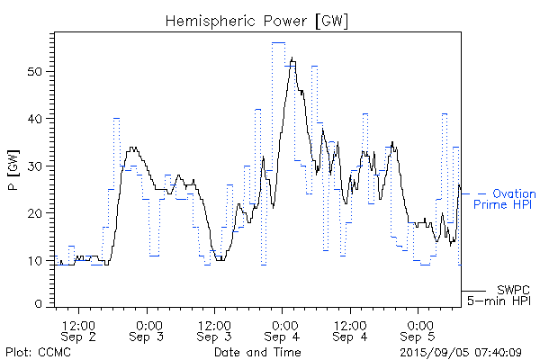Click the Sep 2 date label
pos(79,337)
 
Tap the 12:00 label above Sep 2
pos(79,323)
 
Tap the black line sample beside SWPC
pos(473,292)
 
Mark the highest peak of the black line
pos(292,58)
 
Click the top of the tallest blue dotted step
pos(278,42)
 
